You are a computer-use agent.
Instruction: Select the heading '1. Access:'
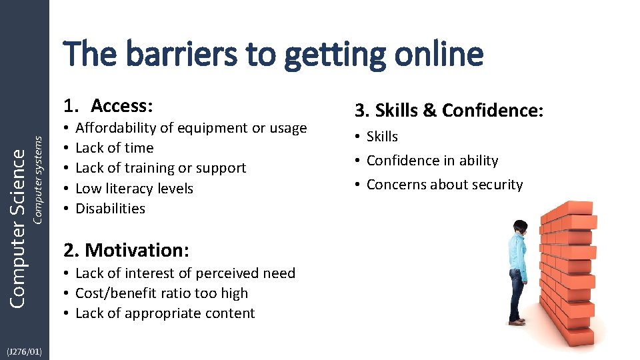point(109,106)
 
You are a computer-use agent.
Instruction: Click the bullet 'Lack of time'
point(114,148)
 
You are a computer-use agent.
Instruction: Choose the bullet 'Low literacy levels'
point(134,189)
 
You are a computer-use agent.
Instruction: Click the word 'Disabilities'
point(110,209)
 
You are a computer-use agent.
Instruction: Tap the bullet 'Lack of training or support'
point(161,168)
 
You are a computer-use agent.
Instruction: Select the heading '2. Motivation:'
point(127,250)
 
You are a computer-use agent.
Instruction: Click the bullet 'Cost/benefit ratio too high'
point(161,293)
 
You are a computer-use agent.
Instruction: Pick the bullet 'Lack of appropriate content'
point(165,313)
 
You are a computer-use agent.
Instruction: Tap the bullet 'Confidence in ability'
point(432,161)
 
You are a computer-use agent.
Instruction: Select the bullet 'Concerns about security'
point(444,185)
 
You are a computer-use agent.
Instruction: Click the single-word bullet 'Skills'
point(382,137)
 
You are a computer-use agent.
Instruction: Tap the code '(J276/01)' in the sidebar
point(24,351)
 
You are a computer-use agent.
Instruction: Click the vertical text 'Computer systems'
point(38,179)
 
